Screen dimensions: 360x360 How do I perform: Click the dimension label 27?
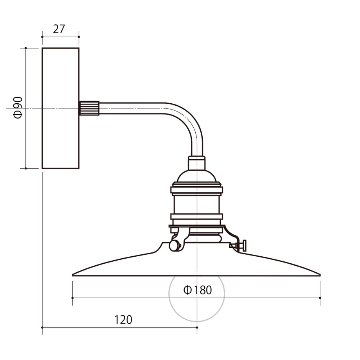tap(59, 29)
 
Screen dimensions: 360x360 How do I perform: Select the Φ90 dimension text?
tap(18, 108)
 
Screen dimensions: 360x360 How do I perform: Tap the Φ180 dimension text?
tap(198, 290)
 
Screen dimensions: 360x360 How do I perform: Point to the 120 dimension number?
tap(123, 320)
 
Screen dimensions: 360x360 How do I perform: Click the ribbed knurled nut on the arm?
tap(89, 108)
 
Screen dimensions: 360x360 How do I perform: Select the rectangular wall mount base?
tap(61, 108)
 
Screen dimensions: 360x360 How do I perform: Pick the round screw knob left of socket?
tap(175, 245)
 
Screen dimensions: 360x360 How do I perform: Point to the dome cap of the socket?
tap(197, 176)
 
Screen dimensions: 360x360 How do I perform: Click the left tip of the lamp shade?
tap(72, 275)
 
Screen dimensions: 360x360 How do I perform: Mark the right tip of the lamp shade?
tap(320, 275)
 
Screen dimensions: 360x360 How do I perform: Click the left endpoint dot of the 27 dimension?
tap(42, 37)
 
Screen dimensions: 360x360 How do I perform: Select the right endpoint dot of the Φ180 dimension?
tap(320, 298)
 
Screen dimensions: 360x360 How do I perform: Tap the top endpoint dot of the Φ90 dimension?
tap(26, 48)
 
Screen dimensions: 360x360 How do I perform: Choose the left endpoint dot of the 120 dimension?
tap(42, 328)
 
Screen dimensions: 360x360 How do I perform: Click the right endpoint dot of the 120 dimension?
tap(197, 328)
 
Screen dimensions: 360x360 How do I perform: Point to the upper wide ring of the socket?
tap(197, 190)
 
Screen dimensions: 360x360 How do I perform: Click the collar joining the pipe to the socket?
tap(197, 163)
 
